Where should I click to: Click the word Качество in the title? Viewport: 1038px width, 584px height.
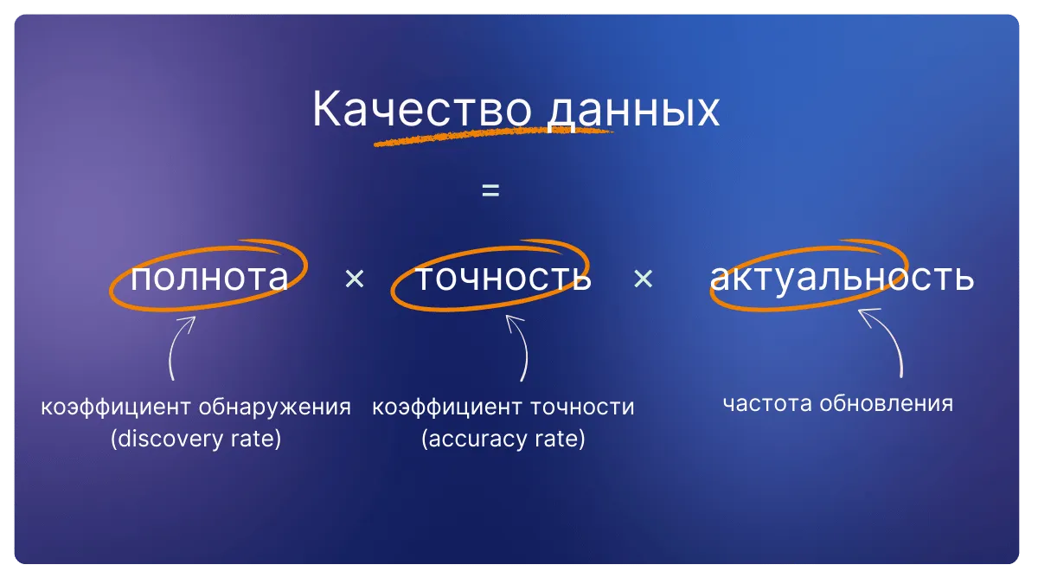pos(422,108)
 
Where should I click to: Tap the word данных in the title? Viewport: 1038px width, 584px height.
pos(633,112)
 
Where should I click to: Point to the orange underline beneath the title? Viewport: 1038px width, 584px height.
pos(494,138)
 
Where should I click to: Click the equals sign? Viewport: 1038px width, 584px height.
pos(490,190)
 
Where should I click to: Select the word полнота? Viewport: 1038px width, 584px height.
pos(209,277)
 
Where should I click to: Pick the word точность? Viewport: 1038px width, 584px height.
pos(503,277)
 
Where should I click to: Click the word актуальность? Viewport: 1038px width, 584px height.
pos(842,278)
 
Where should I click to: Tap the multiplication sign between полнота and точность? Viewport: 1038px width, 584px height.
pos(355,279)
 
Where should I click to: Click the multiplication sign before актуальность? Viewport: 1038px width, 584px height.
pos(644,279)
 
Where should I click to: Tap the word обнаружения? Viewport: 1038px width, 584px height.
pos(275,407)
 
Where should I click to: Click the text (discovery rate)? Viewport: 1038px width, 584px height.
pos(196,439)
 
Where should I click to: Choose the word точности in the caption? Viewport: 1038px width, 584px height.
pos(582,407)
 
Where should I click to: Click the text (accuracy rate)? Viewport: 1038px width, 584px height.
pos(503,439)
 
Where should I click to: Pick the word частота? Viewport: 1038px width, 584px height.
pos(767,403)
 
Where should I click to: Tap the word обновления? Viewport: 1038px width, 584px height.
pos(887,403)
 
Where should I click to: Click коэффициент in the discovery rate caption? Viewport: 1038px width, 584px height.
pos(116,408)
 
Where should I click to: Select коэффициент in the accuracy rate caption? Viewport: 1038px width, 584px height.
pos(447,408)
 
